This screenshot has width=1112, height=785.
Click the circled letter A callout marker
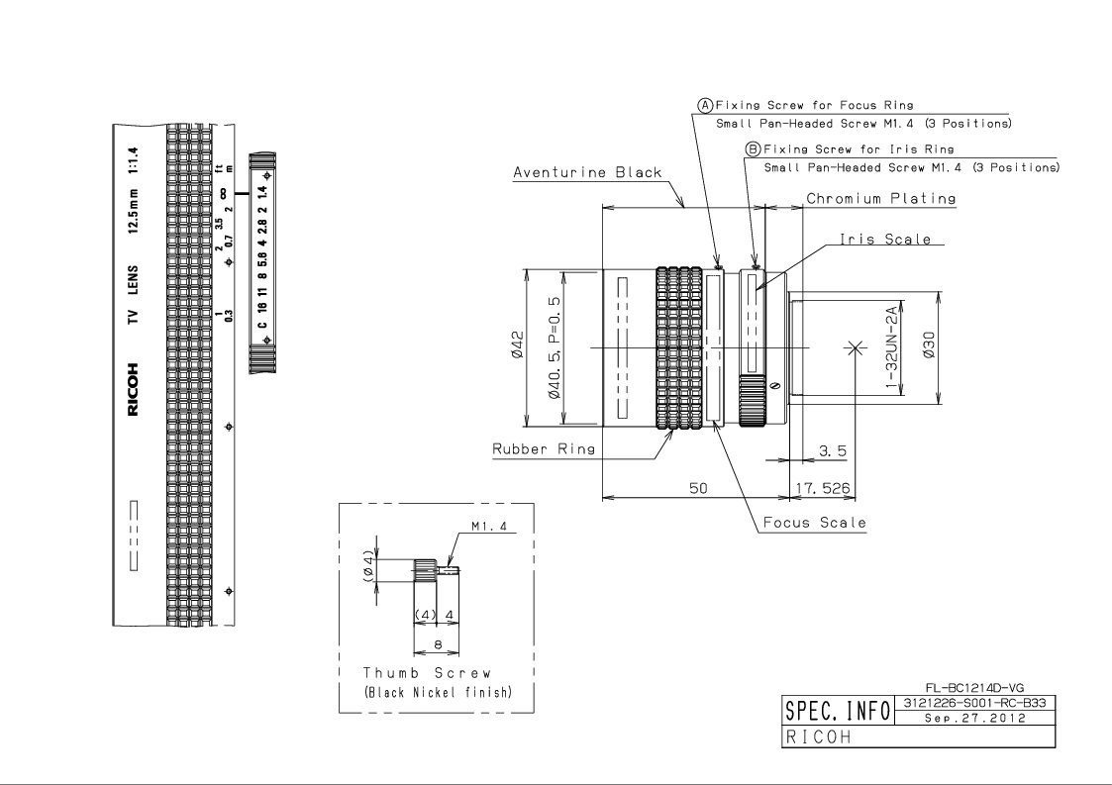pos(705,106)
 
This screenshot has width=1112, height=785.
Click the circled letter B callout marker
pos(753,149)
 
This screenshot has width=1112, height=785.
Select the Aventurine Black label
pos(587,172)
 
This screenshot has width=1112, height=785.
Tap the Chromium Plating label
pos(881,199)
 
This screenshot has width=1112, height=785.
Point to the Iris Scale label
pos(885,239)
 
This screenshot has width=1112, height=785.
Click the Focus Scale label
pos(815,523)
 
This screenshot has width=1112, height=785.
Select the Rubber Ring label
pos(544,448)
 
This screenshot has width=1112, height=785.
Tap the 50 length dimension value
pos(698,488)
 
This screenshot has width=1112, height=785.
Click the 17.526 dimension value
pos(823,488)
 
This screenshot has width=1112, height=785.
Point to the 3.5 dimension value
pos(833,451)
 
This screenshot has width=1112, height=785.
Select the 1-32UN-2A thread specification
pos(891,346)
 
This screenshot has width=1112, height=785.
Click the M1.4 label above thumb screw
pos(489,527)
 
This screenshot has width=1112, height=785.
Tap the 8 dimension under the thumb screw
pos(438,644)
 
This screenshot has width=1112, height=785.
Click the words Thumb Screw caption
pos(427,673)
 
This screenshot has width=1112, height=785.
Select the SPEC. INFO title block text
pos(838,711)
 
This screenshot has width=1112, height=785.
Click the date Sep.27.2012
pos(975,718)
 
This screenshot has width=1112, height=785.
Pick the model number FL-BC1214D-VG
pos(974,688)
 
